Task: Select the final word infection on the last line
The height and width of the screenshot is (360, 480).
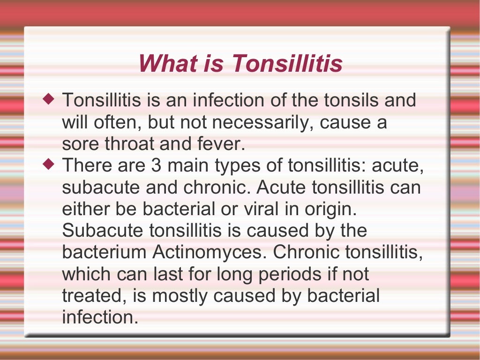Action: [x=100, y=317]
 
